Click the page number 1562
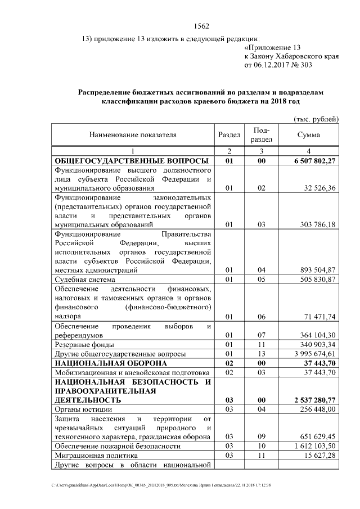(x=201, y=26)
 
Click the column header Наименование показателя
(x=132, y=135)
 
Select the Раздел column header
(x=229, y=135)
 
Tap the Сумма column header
(x=309, y=135)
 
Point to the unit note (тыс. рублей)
(x=316, y=119)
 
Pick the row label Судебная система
(x=85, y=279)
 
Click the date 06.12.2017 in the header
(x=274, y=65)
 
